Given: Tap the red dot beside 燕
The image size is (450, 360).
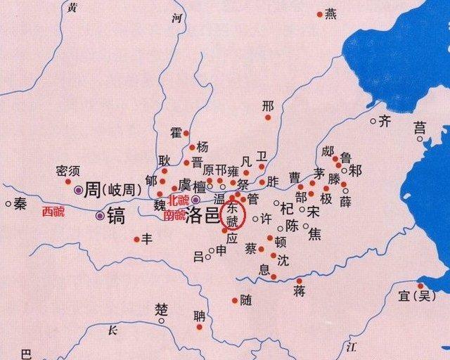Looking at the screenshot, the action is (320, 13).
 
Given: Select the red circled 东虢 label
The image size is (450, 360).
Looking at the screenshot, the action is (231, 214).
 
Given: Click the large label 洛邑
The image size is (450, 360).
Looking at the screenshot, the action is (202, 215).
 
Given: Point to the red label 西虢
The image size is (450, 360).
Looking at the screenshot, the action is (53, 212).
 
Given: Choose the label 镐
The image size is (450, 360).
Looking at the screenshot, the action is (115, 216).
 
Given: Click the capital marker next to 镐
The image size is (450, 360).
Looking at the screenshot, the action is (101, 216).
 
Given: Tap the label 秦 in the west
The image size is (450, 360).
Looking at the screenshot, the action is (20, 204).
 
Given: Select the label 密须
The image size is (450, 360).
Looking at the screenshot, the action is (67, 171).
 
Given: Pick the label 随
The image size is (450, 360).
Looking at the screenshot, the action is (246, 300).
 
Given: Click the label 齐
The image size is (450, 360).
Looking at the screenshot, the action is (385, 121).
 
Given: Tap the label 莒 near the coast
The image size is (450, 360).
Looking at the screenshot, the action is (420, 128).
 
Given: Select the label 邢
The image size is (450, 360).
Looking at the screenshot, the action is (267, 106).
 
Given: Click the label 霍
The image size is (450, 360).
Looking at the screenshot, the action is (176, 133).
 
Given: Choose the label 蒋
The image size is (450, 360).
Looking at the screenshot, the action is (300, 291).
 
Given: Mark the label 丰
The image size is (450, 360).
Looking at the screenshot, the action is (147, 239).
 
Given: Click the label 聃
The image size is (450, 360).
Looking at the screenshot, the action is (200, 316).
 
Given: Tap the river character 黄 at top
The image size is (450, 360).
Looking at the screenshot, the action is (71, 8).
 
